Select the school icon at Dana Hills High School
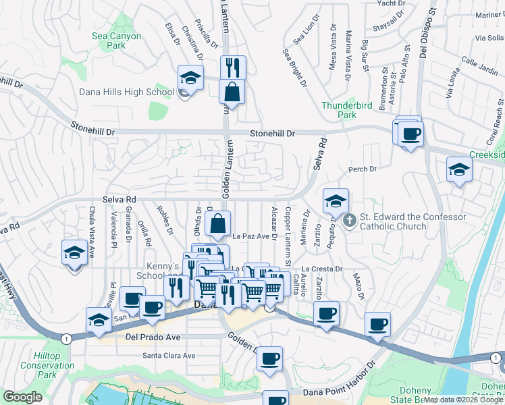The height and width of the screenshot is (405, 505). coord(191,78)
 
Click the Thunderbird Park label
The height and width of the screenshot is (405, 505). coord(348,110)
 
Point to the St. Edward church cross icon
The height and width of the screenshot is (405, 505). coord(349,221)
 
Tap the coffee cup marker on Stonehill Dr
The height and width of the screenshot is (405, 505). coord(410,133)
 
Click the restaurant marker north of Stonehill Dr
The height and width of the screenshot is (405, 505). coord(233,67)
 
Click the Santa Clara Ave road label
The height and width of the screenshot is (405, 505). coord(169,356)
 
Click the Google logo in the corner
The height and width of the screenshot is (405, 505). coord(23,397)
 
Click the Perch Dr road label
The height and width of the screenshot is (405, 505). coord(363,169)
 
